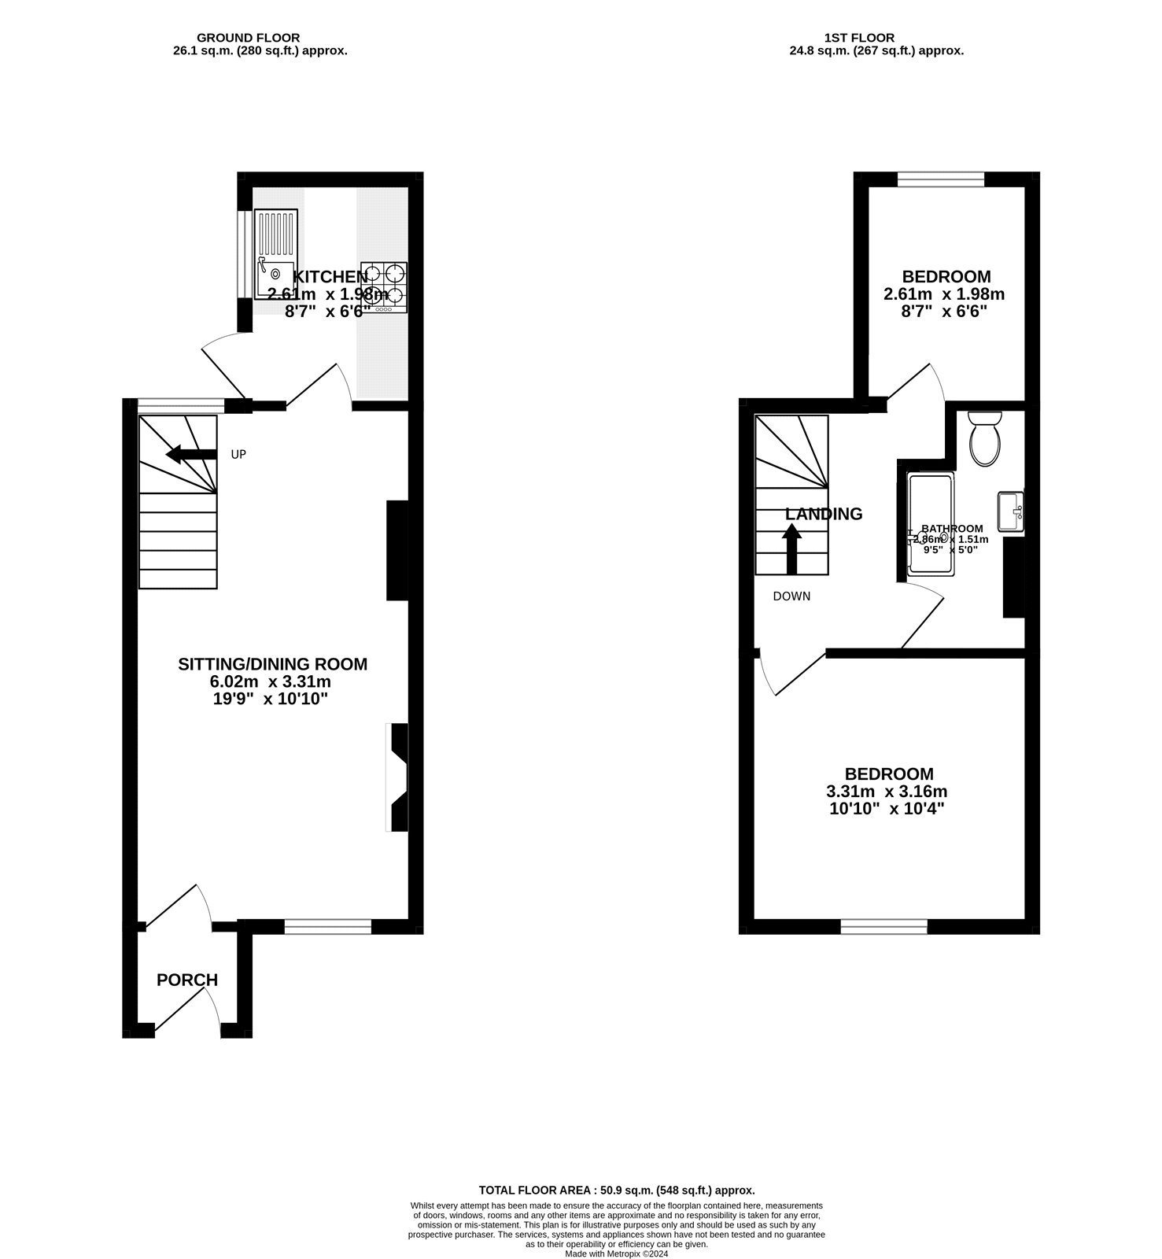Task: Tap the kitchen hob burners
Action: click(x=385, y=285)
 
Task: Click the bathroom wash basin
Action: click(x=1010, y=511)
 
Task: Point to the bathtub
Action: click(x=931, y=524)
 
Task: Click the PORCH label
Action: click(x=187, y=980)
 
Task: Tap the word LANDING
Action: click(x=824, y=514)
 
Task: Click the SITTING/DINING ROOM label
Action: click(x=272, y=664)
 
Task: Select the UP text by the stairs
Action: click(x=238, y=455)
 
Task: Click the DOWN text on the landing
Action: click(x=791, y=596)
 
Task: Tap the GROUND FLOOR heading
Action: click(x=248, y=38)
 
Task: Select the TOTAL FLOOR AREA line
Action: click(x=617, y=1191)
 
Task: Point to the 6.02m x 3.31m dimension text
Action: click(x=272, y=681)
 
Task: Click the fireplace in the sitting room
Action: click(x=398, y=777)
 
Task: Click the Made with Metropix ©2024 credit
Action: click(x=617, y=1253)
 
